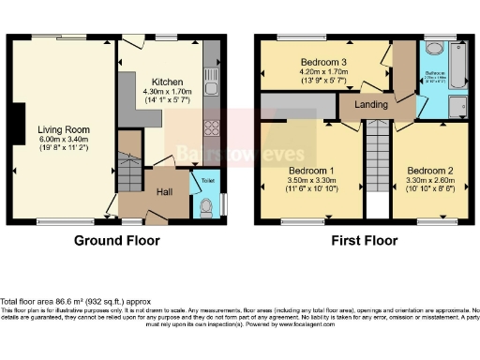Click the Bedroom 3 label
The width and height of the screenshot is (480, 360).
point(323,62)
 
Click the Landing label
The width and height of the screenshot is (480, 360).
point(372,104)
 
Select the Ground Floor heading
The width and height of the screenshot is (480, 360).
point(116,241)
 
